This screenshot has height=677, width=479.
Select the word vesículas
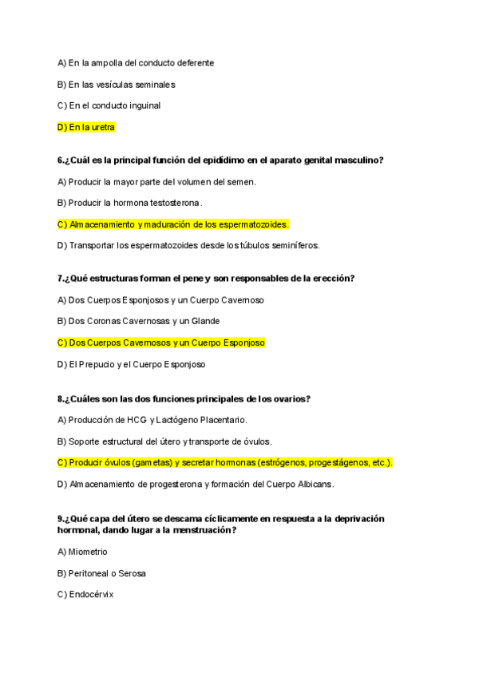point(113,84)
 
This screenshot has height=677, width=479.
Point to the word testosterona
point(176,203)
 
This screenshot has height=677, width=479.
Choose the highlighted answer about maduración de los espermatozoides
point(173,224)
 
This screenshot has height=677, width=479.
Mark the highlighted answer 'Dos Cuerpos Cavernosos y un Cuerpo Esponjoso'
point(160,342)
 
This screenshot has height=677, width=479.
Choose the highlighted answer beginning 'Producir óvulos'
point(225,462)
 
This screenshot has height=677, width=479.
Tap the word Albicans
point(312,484)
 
